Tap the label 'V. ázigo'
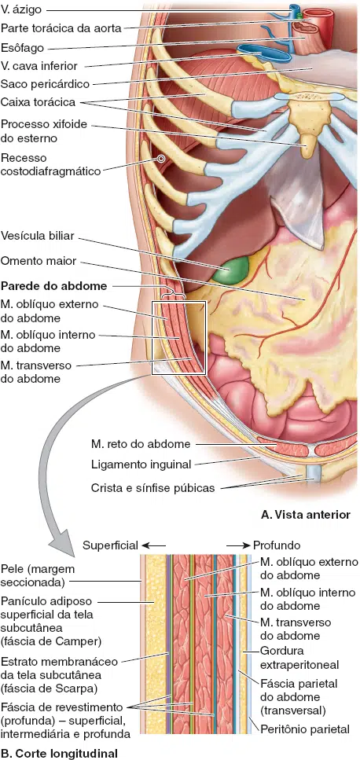pos(21,9)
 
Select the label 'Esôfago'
pos(22,47)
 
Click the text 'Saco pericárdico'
pos(45,84)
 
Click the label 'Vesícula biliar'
pos(37,236)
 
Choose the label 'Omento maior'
pos(39,261)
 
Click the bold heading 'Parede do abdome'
pos(53,286)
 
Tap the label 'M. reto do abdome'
pos(141,444)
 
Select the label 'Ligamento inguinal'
pos(141,464)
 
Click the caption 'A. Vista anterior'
pos(305,515)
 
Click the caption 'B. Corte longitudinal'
pos(59,753)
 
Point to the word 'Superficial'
pos(111,545)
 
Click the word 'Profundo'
pos(277,545)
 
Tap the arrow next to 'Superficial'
pos(153,545)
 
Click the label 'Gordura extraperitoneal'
pos(299,657)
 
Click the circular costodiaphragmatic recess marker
pos(160,158)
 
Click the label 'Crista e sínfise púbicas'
pos(152,488)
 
